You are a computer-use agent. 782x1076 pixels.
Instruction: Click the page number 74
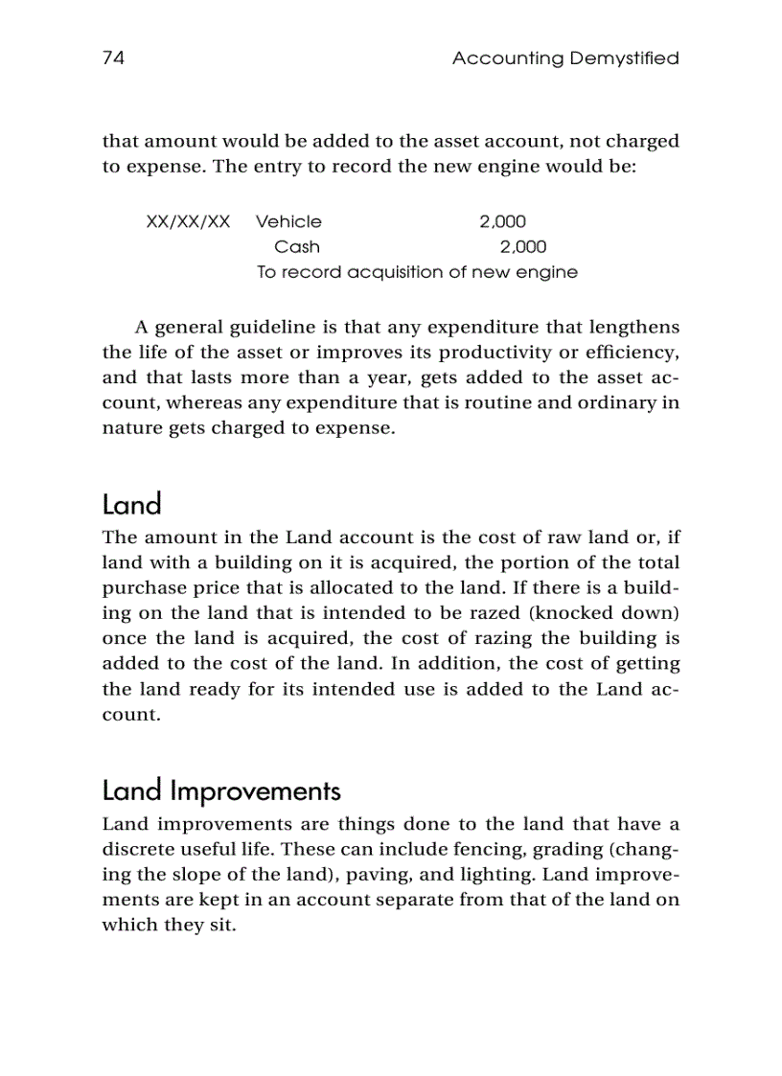click(x=113, y=58)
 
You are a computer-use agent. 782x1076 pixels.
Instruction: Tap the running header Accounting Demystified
click(x=564, y=58)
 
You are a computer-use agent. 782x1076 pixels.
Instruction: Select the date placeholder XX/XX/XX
click(x=188, y=221)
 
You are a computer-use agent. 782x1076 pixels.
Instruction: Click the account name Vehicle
click(x=288, y=221)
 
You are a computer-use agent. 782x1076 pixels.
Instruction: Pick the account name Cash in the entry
click(x=297, y=246)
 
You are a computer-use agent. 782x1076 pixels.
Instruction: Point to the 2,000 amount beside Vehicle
click(x=502, y=221)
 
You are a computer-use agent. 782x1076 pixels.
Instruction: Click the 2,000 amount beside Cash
click(x=523, y=246)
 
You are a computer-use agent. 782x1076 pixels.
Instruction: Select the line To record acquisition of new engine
click(x=417, y=272)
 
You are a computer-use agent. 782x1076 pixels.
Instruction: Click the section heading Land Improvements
click(x=220, y=791)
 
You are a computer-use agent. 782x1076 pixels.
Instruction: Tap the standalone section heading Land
click(x=131, y=504)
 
